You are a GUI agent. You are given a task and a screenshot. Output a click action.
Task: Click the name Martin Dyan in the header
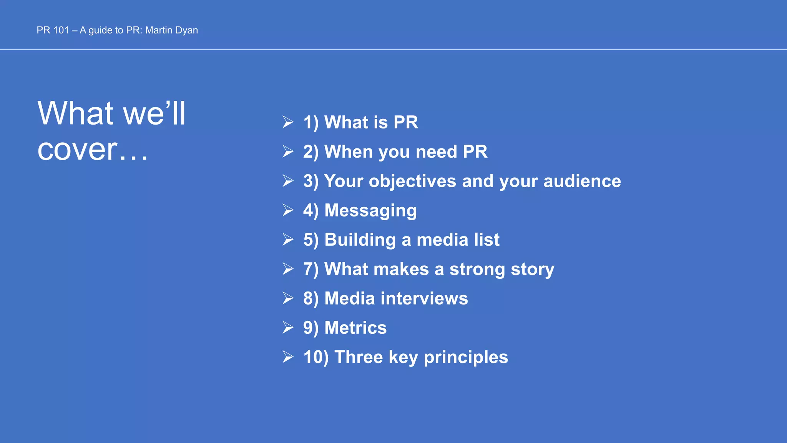pos(171,30)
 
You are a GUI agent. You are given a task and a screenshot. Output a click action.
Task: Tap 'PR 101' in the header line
pos(53,30)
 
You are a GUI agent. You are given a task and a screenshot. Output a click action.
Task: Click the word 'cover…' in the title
pos(93,150)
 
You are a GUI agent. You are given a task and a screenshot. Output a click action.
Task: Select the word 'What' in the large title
pos(76,113)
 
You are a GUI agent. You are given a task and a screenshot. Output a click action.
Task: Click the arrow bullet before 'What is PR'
pos(288,122)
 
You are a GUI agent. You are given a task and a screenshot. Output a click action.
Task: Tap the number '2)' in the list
pos(310,152)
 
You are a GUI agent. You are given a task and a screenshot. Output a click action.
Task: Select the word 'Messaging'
pos(370,211)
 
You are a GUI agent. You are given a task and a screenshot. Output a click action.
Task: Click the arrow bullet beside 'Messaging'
pos(288,210)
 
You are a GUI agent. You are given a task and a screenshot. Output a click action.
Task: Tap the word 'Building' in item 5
pos(360,240)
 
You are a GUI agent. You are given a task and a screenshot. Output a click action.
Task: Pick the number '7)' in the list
pos(310,269)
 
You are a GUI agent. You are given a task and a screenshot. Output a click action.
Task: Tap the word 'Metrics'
pos(355,328)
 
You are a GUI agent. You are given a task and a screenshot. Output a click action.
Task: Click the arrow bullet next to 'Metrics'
pos(288,328)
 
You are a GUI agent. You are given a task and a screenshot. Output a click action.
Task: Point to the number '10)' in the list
pos(316,357)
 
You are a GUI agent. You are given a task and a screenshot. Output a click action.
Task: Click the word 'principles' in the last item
pos(466,358)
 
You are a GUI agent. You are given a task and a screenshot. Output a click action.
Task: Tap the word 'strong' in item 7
pos(477,270)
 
